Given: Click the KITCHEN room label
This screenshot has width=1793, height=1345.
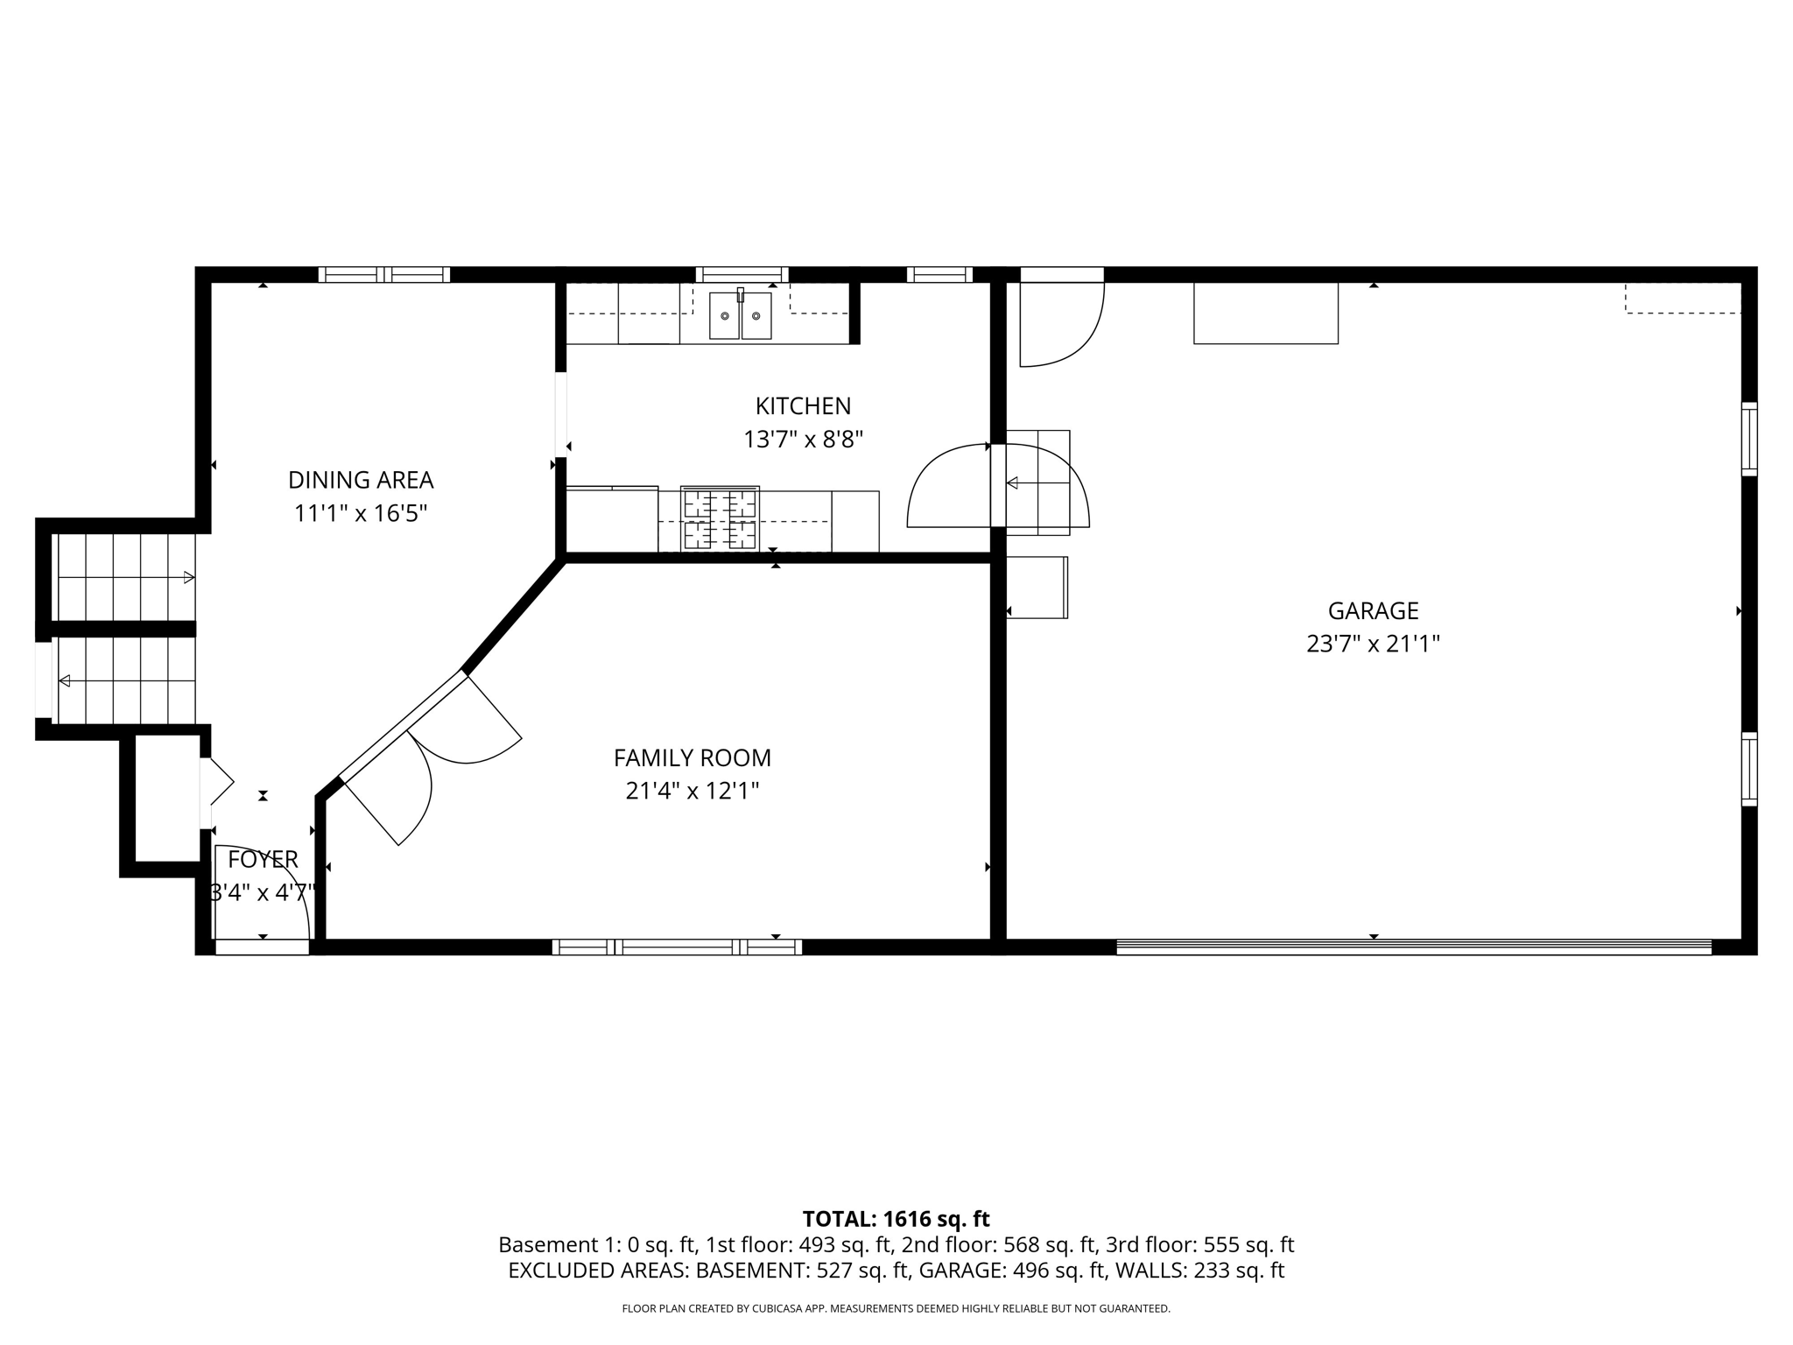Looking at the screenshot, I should [803, 406].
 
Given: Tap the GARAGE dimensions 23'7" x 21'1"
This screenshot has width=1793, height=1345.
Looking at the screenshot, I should [1373, 644].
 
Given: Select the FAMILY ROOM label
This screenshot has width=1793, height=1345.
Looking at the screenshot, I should [692, 757].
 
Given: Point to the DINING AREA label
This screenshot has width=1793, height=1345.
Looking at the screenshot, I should [361, 480].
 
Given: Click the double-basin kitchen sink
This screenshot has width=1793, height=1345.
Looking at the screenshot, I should [740, 315].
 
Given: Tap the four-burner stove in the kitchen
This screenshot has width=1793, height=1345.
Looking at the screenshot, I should [720, 518].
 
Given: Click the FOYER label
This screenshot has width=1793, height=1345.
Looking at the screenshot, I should [263, 859].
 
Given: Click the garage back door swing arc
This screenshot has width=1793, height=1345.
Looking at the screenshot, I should [1061, 323].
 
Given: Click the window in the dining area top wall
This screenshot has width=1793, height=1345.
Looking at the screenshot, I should [383, 274].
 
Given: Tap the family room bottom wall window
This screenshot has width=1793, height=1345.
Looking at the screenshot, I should [677, 947].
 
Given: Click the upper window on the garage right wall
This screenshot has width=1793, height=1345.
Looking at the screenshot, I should [1748, 439].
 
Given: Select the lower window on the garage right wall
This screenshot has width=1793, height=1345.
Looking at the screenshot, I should [1748, 769].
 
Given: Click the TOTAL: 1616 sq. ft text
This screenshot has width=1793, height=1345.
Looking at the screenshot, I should [896, 1219].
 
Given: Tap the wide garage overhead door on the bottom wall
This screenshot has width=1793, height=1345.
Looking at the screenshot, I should [1413, 946].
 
